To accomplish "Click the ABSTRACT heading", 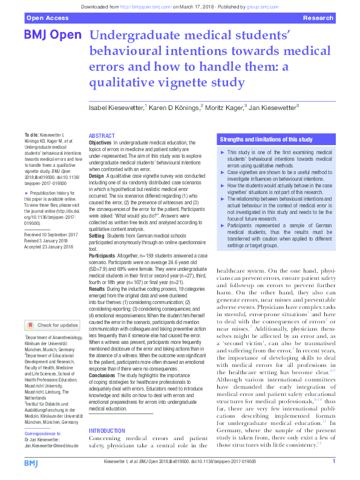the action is [x=101, y=135].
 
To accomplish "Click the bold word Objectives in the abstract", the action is [x=100, y=141].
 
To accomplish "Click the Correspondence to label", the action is [x=44, y=433].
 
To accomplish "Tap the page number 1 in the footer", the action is [x=334, y=461].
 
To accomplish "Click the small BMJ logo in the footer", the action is [x=31, y=462].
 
